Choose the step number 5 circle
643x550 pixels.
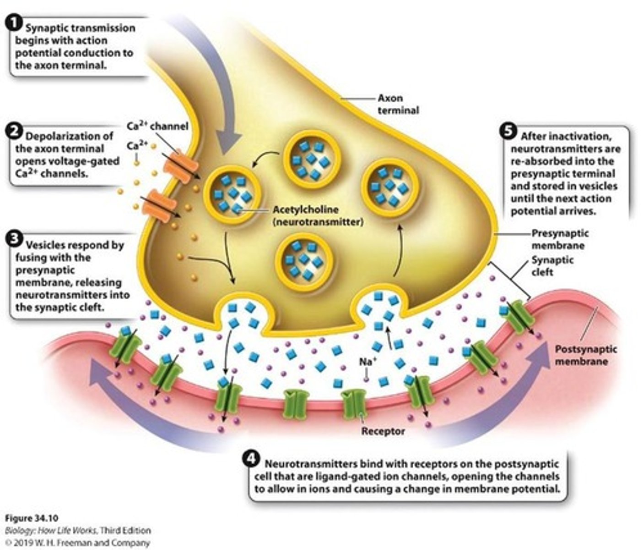point(507,131)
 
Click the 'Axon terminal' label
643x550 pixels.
point(397,104)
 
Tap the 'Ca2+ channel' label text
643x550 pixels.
point(157,126)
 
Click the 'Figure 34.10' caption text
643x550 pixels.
point(32,518)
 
